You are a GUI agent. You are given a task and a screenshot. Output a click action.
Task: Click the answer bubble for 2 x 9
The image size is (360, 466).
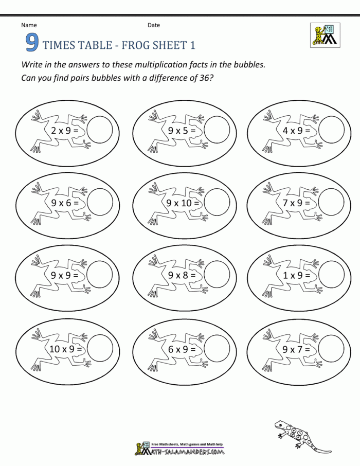click(99, 130)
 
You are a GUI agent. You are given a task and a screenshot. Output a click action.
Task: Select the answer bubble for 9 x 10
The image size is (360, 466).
click(216, 202)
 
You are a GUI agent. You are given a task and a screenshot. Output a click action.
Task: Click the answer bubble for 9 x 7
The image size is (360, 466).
click(331, 348)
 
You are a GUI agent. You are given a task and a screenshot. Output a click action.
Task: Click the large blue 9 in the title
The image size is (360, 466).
click(32, 44)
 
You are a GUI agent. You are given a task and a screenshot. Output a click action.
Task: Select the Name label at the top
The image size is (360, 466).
click(29, 25)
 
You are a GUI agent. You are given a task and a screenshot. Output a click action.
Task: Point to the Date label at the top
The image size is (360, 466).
click(154, 25)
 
